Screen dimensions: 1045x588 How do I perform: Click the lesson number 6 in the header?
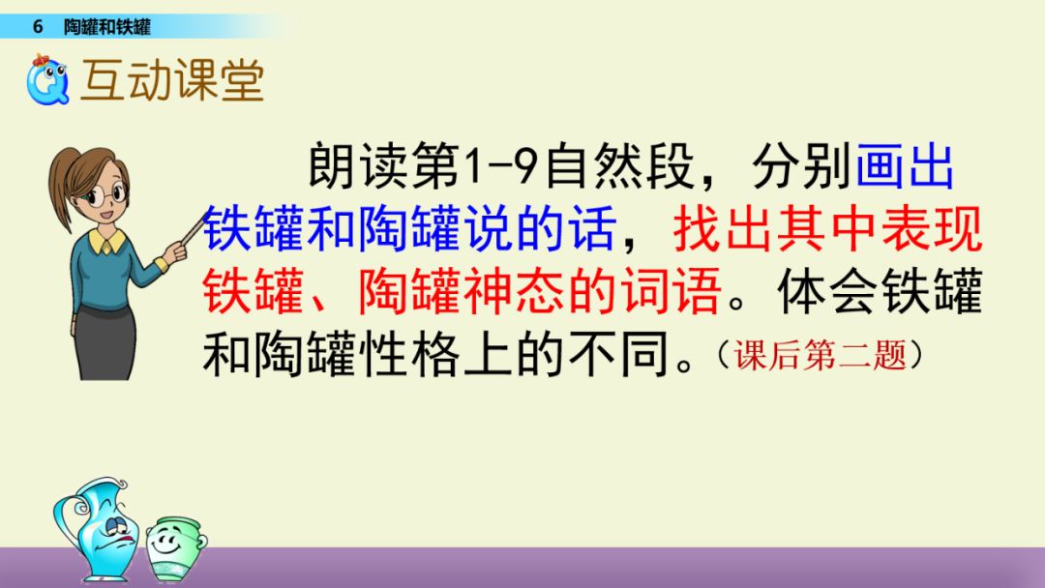[x=38, y=27]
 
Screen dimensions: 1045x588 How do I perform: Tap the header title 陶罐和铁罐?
[x=107, y=27]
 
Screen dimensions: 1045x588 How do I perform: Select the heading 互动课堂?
[x=172, y=80]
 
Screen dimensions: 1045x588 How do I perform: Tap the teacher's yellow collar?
[x=106, y=241]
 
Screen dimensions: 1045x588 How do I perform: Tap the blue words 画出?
[x=905, y=165]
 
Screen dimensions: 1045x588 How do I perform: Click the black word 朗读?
[x=357, y=165]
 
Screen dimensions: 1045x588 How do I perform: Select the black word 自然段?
[x=621, y=165]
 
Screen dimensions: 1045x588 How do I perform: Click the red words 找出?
[x=725, y=228]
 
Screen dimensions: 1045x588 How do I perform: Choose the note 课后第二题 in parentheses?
[x=821, y=354]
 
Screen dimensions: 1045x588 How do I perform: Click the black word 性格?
[x=410, y=354]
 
